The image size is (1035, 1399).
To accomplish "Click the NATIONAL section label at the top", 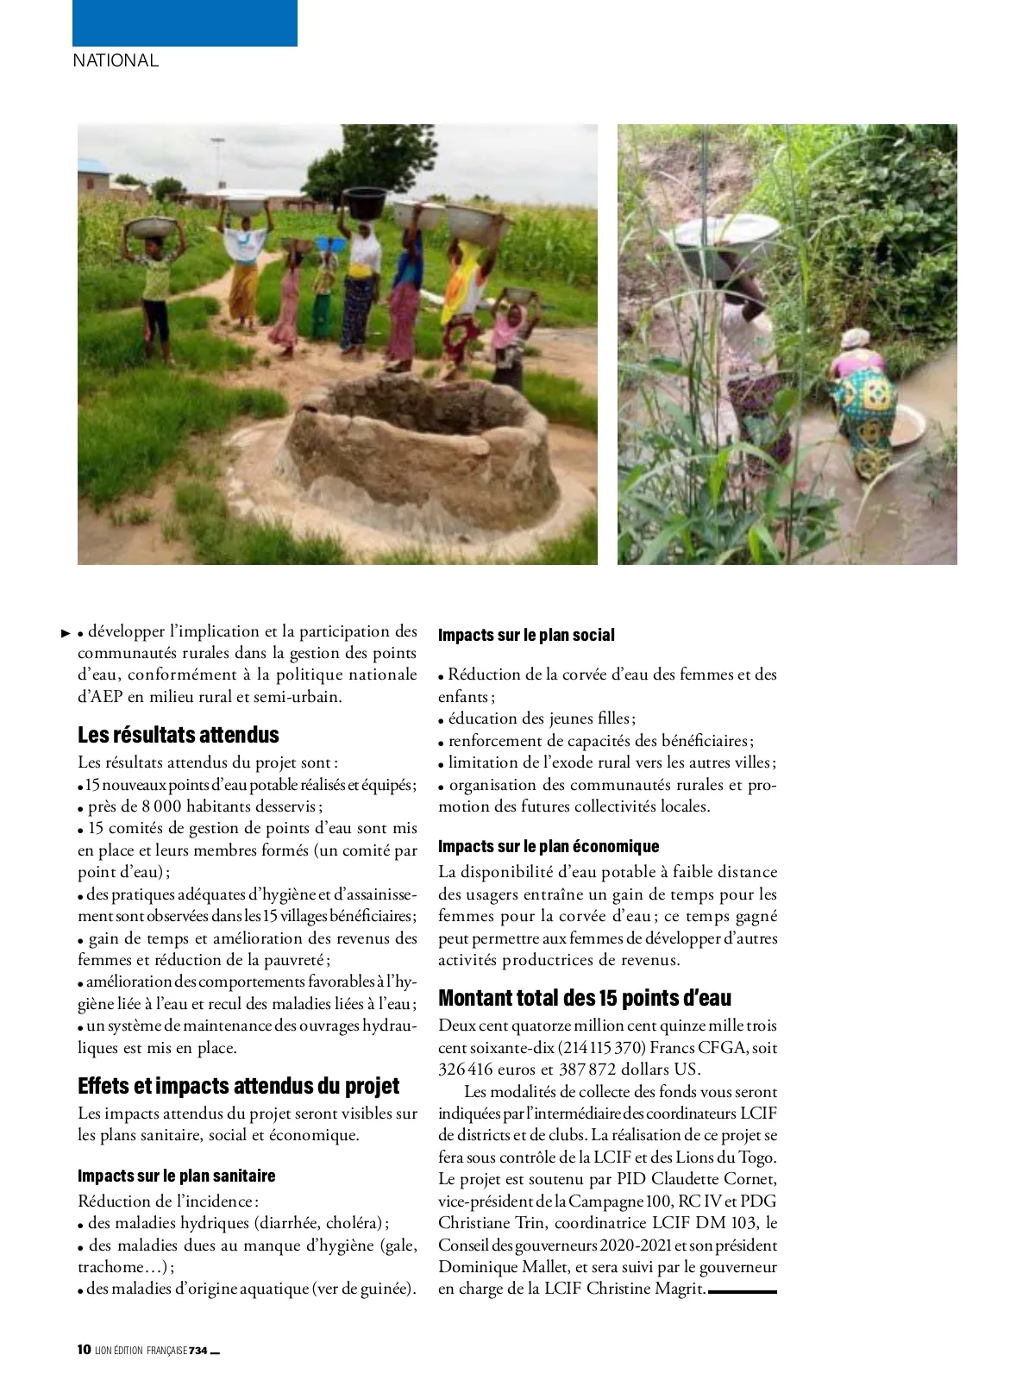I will pos(116,60).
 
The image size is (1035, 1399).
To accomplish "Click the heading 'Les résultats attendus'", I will pos(179,735).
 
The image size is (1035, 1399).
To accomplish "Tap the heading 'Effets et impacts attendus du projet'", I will pos(239,1085).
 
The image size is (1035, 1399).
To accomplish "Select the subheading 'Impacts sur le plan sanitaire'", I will pos(177,1176).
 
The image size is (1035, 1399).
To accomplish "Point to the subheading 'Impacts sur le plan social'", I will pos(526,635).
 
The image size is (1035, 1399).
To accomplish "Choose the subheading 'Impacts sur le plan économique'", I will pos(549,846).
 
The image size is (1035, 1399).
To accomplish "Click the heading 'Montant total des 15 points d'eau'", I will pos(585,998).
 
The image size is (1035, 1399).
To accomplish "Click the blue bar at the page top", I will pos(185,22).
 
